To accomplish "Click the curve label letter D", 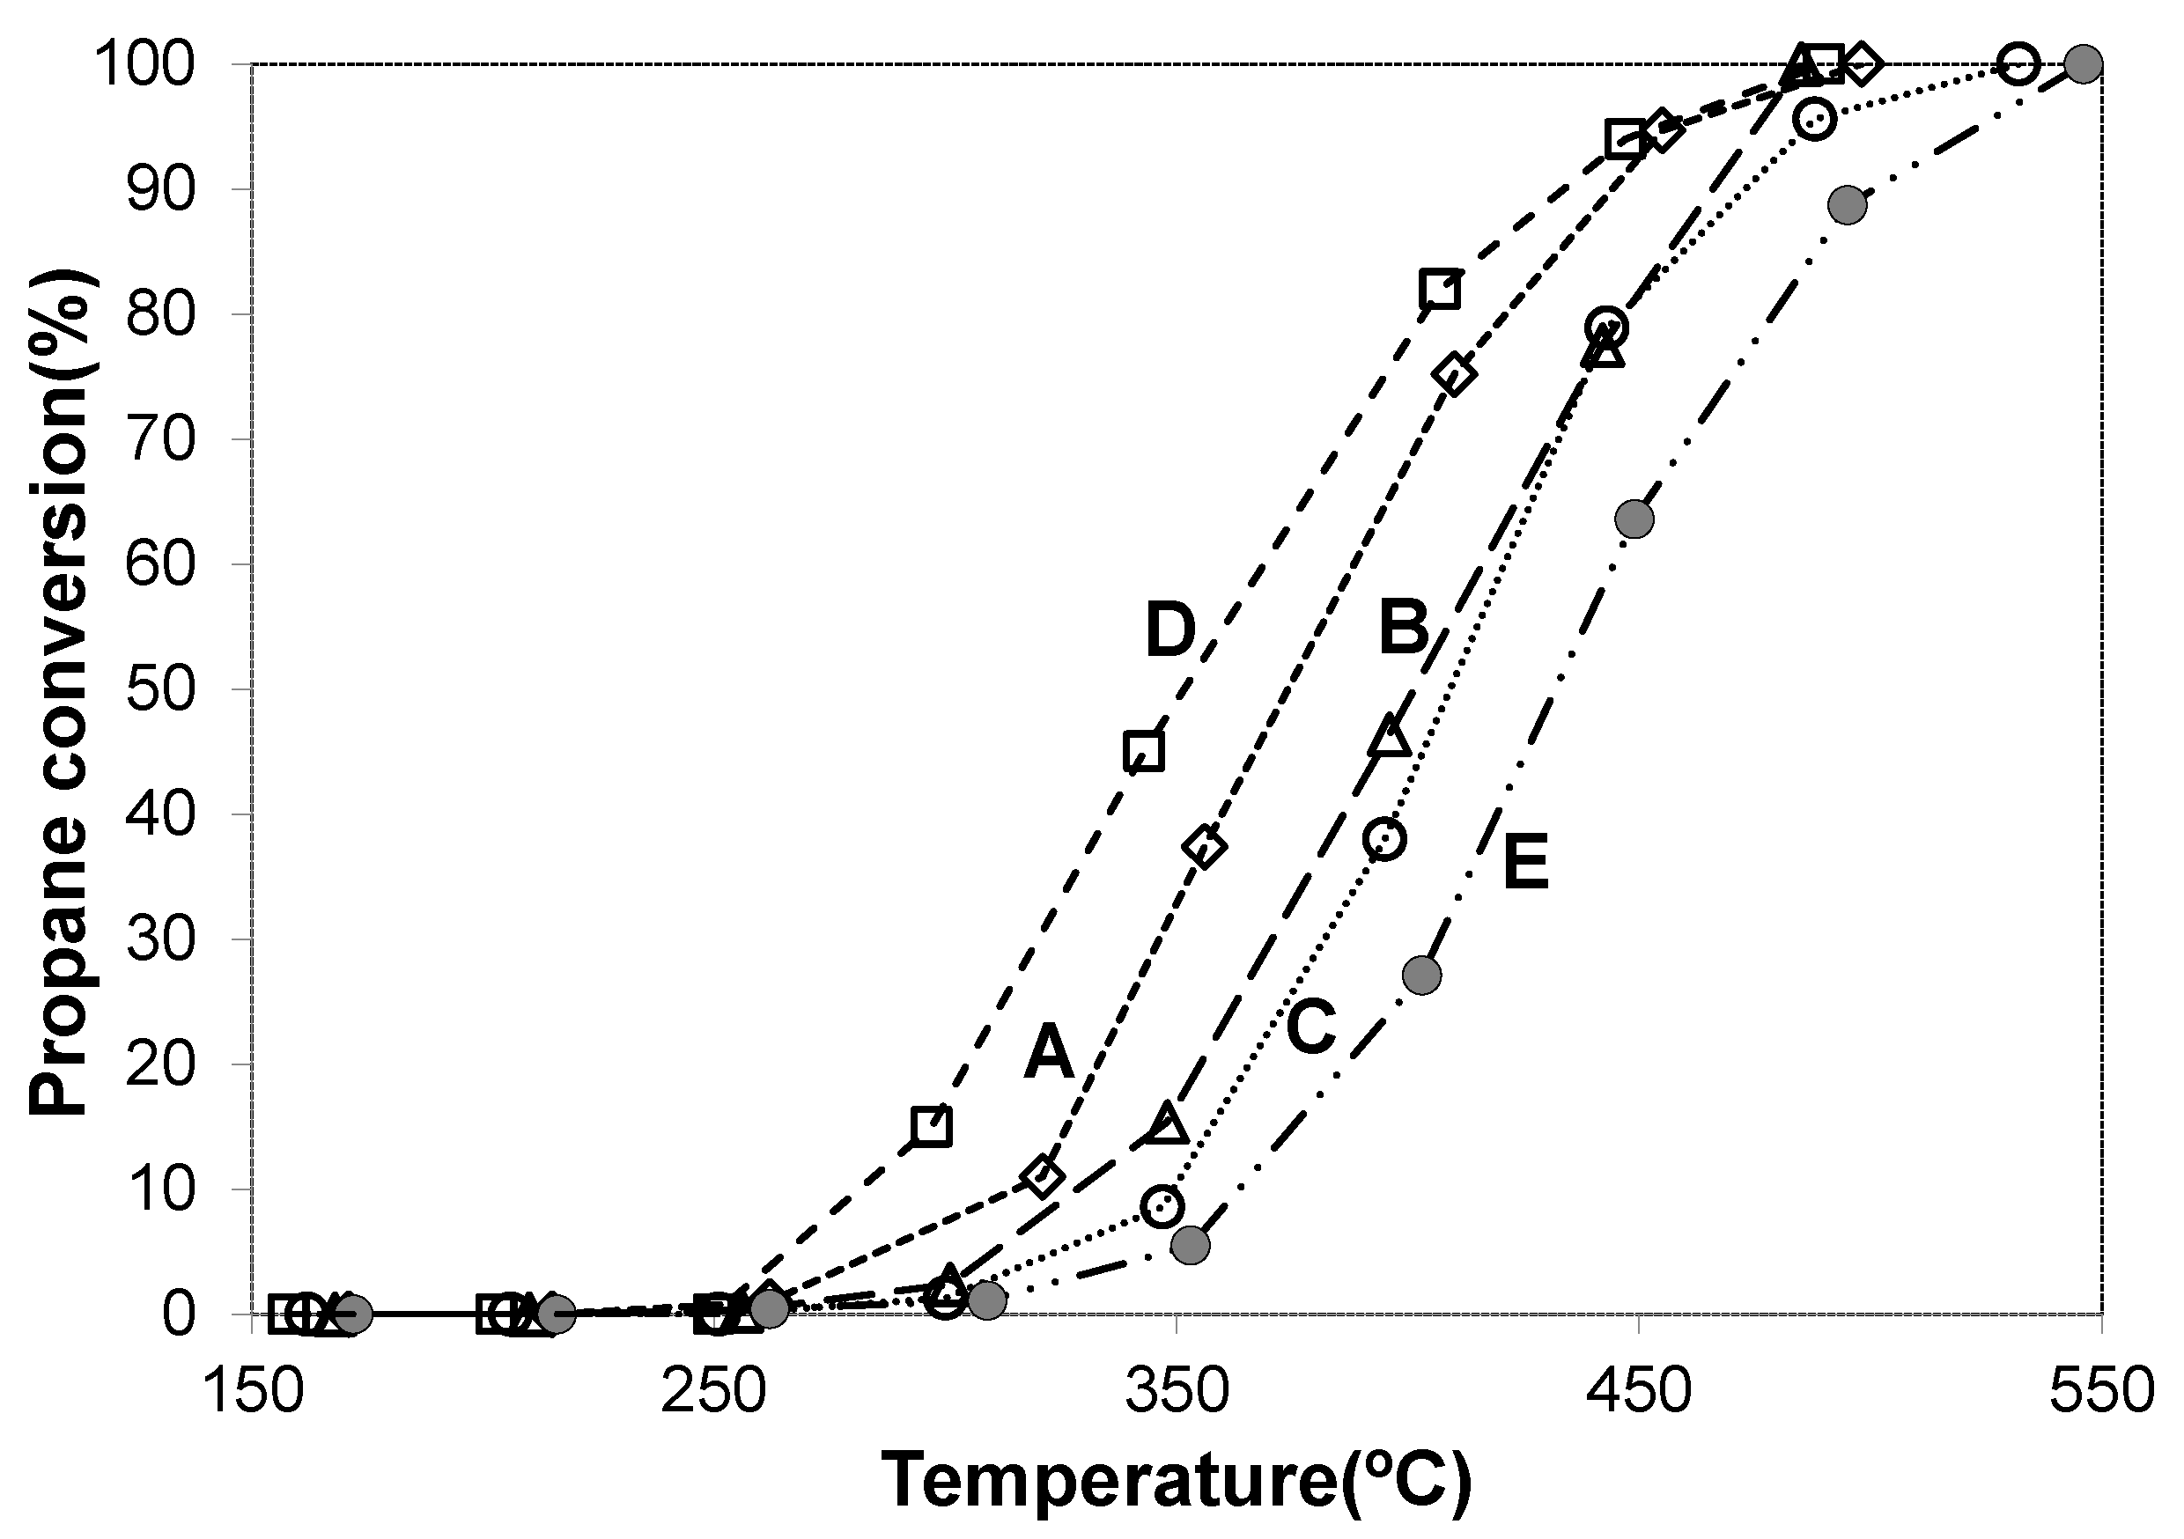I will coord(1170,630).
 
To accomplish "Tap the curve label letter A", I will coord(1048,1053).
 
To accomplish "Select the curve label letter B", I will coord(1404,628).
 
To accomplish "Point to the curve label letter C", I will coord(1312,1027).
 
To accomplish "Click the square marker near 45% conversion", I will coord(1143,751).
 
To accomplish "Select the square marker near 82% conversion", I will coord(1439,288).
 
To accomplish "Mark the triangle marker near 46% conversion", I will coord(1391,736).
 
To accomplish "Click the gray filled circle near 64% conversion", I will coord(1634,519).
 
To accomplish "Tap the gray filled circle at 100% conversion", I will coord(2084,64).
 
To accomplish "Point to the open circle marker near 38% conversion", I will coord(1384,839).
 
